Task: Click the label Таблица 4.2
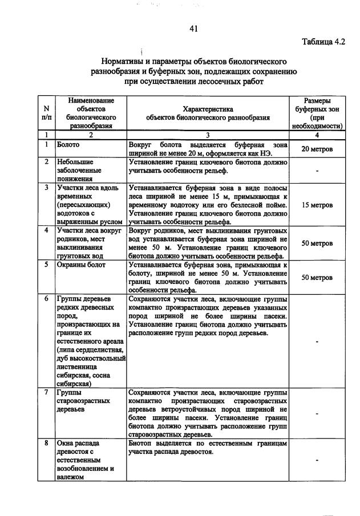click(322, 41)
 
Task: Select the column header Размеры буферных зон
click(318, 113)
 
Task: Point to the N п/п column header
click(46, 113)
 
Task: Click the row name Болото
click(68, 145)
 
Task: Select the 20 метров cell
click(317, 149)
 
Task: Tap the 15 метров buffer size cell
click(317, 205)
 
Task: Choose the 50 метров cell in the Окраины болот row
click(317, 278)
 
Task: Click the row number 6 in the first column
click(46, 298)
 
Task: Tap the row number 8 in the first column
click(46, 443)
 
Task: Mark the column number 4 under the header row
click(318, 135)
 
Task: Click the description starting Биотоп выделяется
click(208, 448)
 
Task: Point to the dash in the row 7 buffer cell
click(317, 415)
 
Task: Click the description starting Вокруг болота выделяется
click(208, 149)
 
